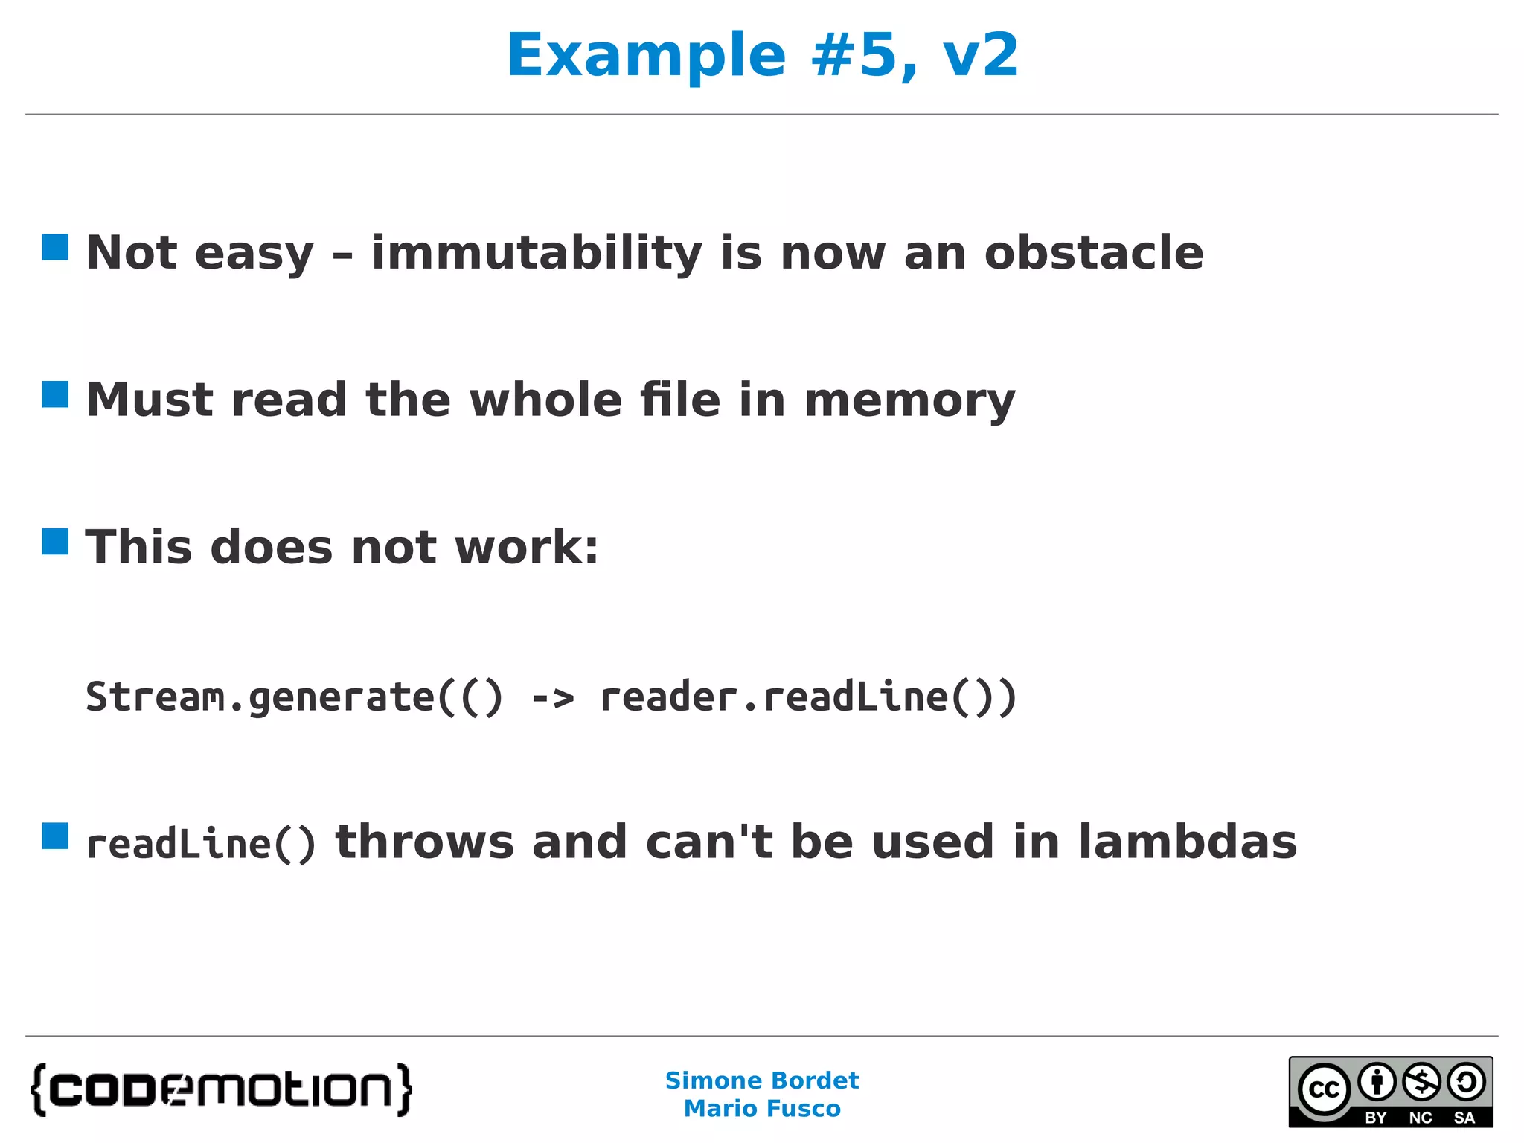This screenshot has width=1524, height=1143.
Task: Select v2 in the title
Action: point(980,56)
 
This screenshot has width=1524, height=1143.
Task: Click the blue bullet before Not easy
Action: point(55,247)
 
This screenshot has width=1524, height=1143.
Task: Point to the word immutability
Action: point(537,253)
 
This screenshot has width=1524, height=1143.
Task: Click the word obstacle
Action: point(1093,253)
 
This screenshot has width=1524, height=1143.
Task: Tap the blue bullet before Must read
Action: point(55,394)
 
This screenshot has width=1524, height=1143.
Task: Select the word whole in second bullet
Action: point(545,400)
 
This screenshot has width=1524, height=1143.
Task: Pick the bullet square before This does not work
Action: point(55,542)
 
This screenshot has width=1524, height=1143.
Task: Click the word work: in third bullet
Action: point(526,548)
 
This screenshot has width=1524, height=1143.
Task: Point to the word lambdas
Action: point(1188,842)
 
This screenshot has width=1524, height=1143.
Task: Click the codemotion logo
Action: point(222,1089)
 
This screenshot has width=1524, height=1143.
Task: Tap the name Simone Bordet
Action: point(762,1080)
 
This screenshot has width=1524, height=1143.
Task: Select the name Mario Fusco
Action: point(762,1109)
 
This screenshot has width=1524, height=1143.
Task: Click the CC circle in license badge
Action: point(1324,1089)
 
